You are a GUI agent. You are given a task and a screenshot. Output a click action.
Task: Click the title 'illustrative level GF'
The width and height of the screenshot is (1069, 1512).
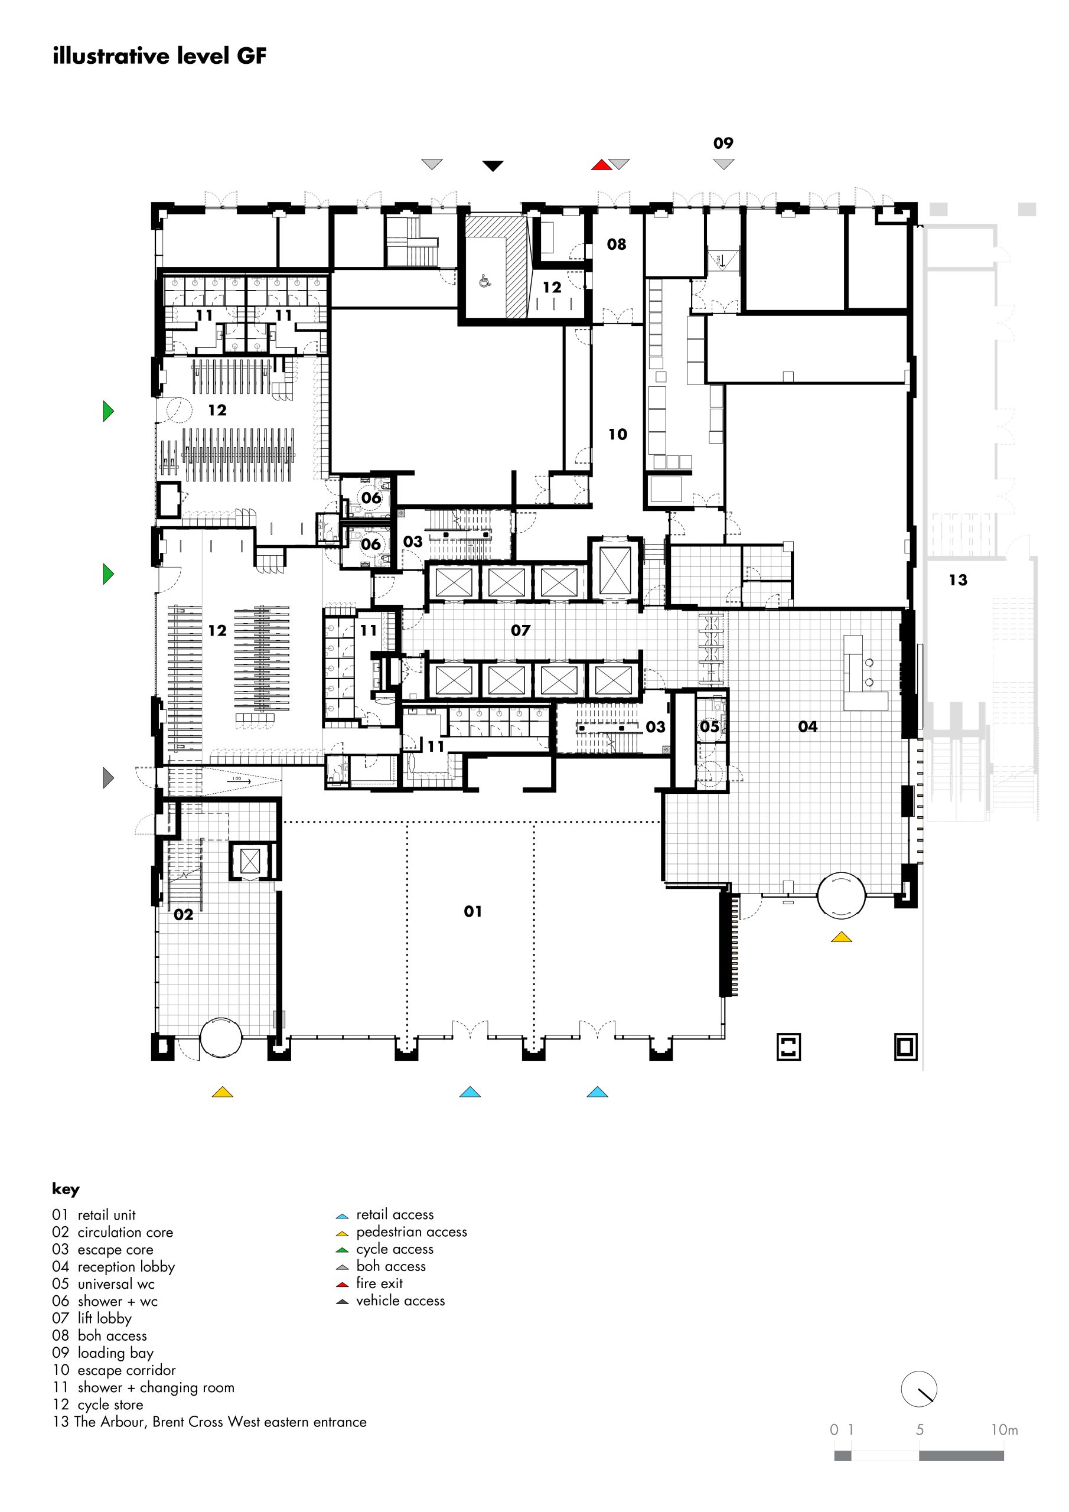click(x=159, y=57)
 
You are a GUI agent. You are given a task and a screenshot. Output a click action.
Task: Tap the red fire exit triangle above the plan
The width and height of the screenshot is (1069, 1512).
click(x=601, y=165)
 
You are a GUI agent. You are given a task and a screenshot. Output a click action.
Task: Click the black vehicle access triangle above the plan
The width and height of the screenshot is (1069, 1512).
click(x=493, y=166)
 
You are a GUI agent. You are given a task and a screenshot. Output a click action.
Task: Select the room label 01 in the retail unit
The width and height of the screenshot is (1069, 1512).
click(x=473, y=911)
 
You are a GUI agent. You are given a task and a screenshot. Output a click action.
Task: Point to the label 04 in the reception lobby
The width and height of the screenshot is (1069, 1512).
click(x=807, y=726)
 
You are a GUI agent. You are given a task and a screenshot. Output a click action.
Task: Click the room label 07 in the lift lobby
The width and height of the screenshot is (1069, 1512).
click(x=520, y=630)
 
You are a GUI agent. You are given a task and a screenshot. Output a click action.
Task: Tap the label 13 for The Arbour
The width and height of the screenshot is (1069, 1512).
click(x=958, y=579)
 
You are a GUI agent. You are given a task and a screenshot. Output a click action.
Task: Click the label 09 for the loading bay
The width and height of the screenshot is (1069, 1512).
click(x=723, y=143)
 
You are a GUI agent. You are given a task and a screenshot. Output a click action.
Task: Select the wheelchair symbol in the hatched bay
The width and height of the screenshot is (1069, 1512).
click(x=485, y=281)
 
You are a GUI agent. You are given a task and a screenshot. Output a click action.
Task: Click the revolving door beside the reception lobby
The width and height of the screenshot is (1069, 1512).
click(x=840, y=894)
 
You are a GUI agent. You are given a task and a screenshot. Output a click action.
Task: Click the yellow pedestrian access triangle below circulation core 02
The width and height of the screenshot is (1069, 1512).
click(x=223, y=1092)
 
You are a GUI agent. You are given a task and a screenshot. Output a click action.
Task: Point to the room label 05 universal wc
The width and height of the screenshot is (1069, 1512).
click(x=709, y=726)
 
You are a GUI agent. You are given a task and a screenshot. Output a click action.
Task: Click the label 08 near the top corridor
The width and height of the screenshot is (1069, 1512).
click(x=617, y=245)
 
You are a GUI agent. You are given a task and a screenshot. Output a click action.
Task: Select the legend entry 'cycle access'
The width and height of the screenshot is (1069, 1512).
click(x=395, y=1249)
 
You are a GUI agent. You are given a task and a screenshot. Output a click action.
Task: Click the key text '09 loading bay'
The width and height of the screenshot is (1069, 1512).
click(x=103, y=1353)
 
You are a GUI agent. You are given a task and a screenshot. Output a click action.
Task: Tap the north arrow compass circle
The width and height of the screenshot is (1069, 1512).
click(x=918, y=1390)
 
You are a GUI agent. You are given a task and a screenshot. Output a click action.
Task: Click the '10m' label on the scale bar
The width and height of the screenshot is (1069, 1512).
click(x=1004, y=1430)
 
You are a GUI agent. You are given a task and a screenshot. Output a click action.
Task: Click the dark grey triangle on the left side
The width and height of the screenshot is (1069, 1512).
click(x=109, y=778)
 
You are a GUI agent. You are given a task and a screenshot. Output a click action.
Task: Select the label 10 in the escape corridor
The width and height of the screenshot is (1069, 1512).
click(x=617, y=434)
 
